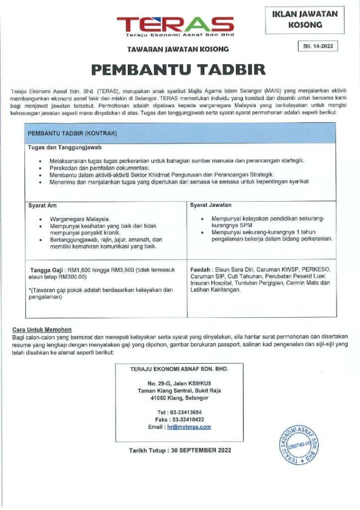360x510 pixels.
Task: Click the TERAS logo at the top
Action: coord(175,25)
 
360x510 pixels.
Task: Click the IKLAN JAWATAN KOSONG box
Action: coord(304,19)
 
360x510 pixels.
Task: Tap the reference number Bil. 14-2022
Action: coord(317,46)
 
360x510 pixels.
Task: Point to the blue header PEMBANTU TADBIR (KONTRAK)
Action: coord(72,134)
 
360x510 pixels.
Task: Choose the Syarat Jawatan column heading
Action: coord(211,205)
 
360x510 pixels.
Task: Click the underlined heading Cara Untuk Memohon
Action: coord(42,329)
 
